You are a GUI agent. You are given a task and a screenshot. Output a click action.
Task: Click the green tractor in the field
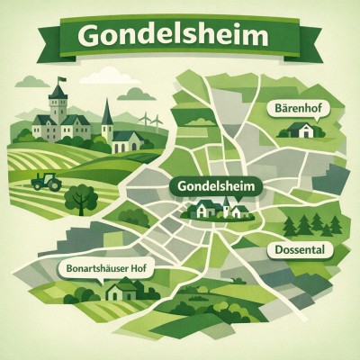pos(47,181)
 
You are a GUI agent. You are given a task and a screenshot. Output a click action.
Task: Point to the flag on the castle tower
pos(60,83)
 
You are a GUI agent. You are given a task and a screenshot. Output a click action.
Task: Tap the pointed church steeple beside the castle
pos(107,112)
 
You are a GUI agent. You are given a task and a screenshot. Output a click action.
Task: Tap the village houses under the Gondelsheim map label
pos(220,210)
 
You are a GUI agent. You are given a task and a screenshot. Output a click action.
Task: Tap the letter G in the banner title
pos(91,37)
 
